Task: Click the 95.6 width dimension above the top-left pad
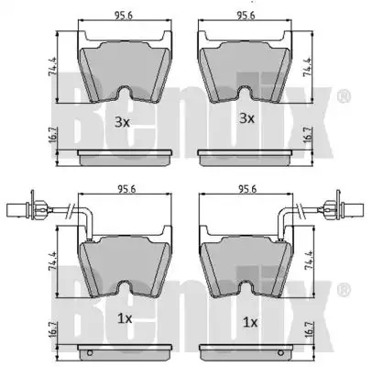[x=124, y=16]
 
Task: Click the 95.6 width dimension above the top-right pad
[x=246, y=16]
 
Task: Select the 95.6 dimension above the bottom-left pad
[x=126, y=190]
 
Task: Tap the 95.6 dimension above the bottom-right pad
[x=247, y=190]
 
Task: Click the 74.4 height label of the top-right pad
[x=306, y=67]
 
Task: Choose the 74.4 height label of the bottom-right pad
[x=309, y=261]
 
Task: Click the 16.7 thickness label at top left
[x=52, y=135]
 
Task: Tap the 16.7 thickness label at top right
[x=307, y=135]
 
